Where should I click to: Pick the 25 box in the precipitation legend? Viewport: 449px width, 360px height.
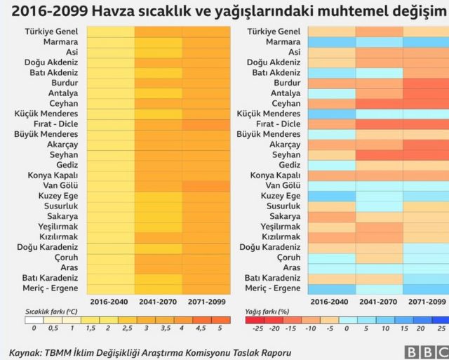[x=440, y=327]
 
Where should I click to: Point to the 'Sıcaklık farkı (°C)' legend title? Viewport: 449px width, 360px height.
[x=51, y=312]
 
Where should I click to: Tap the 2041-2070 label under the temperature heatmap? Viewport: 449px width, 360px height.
[x=159, y=301]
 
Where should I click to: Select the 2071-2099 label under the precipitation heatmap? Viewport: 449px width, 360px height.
[x=426, y=301]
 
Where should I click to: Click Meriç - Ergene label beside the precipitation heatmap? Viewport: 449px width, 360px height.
[x=274, y=288]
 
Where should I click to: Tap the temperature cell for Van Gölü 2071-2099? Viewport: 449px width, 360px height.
[x=206, y=185]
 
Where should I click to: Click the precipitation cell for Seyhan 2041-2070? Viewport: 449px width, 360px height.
[x=379, y=154]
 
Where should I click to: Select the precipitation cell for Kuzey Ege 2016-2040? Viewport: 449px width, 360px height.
[x=331, y=196]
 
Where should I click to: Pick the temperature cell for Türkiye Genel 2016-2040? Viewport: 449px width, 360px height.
[x=111, y=32]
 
